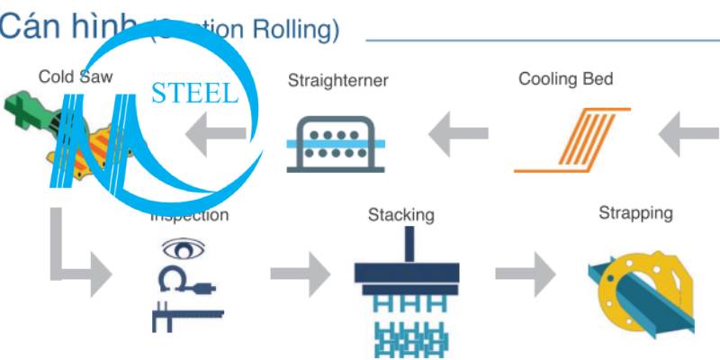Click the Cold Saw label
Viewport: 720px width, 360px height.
point(76,76)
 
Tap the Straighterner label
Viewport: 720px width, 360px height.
point(337,81)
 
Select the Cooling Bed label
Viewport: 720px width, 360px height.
point(565,78)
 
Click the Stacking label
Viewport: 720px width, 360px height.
point(401,215)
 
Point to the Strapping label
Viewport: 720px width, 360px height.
point(635,213)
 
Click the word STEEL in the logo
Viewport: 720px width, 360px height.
point(195,94)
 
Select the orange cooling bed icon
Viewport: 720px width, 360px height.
point(573,139)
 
